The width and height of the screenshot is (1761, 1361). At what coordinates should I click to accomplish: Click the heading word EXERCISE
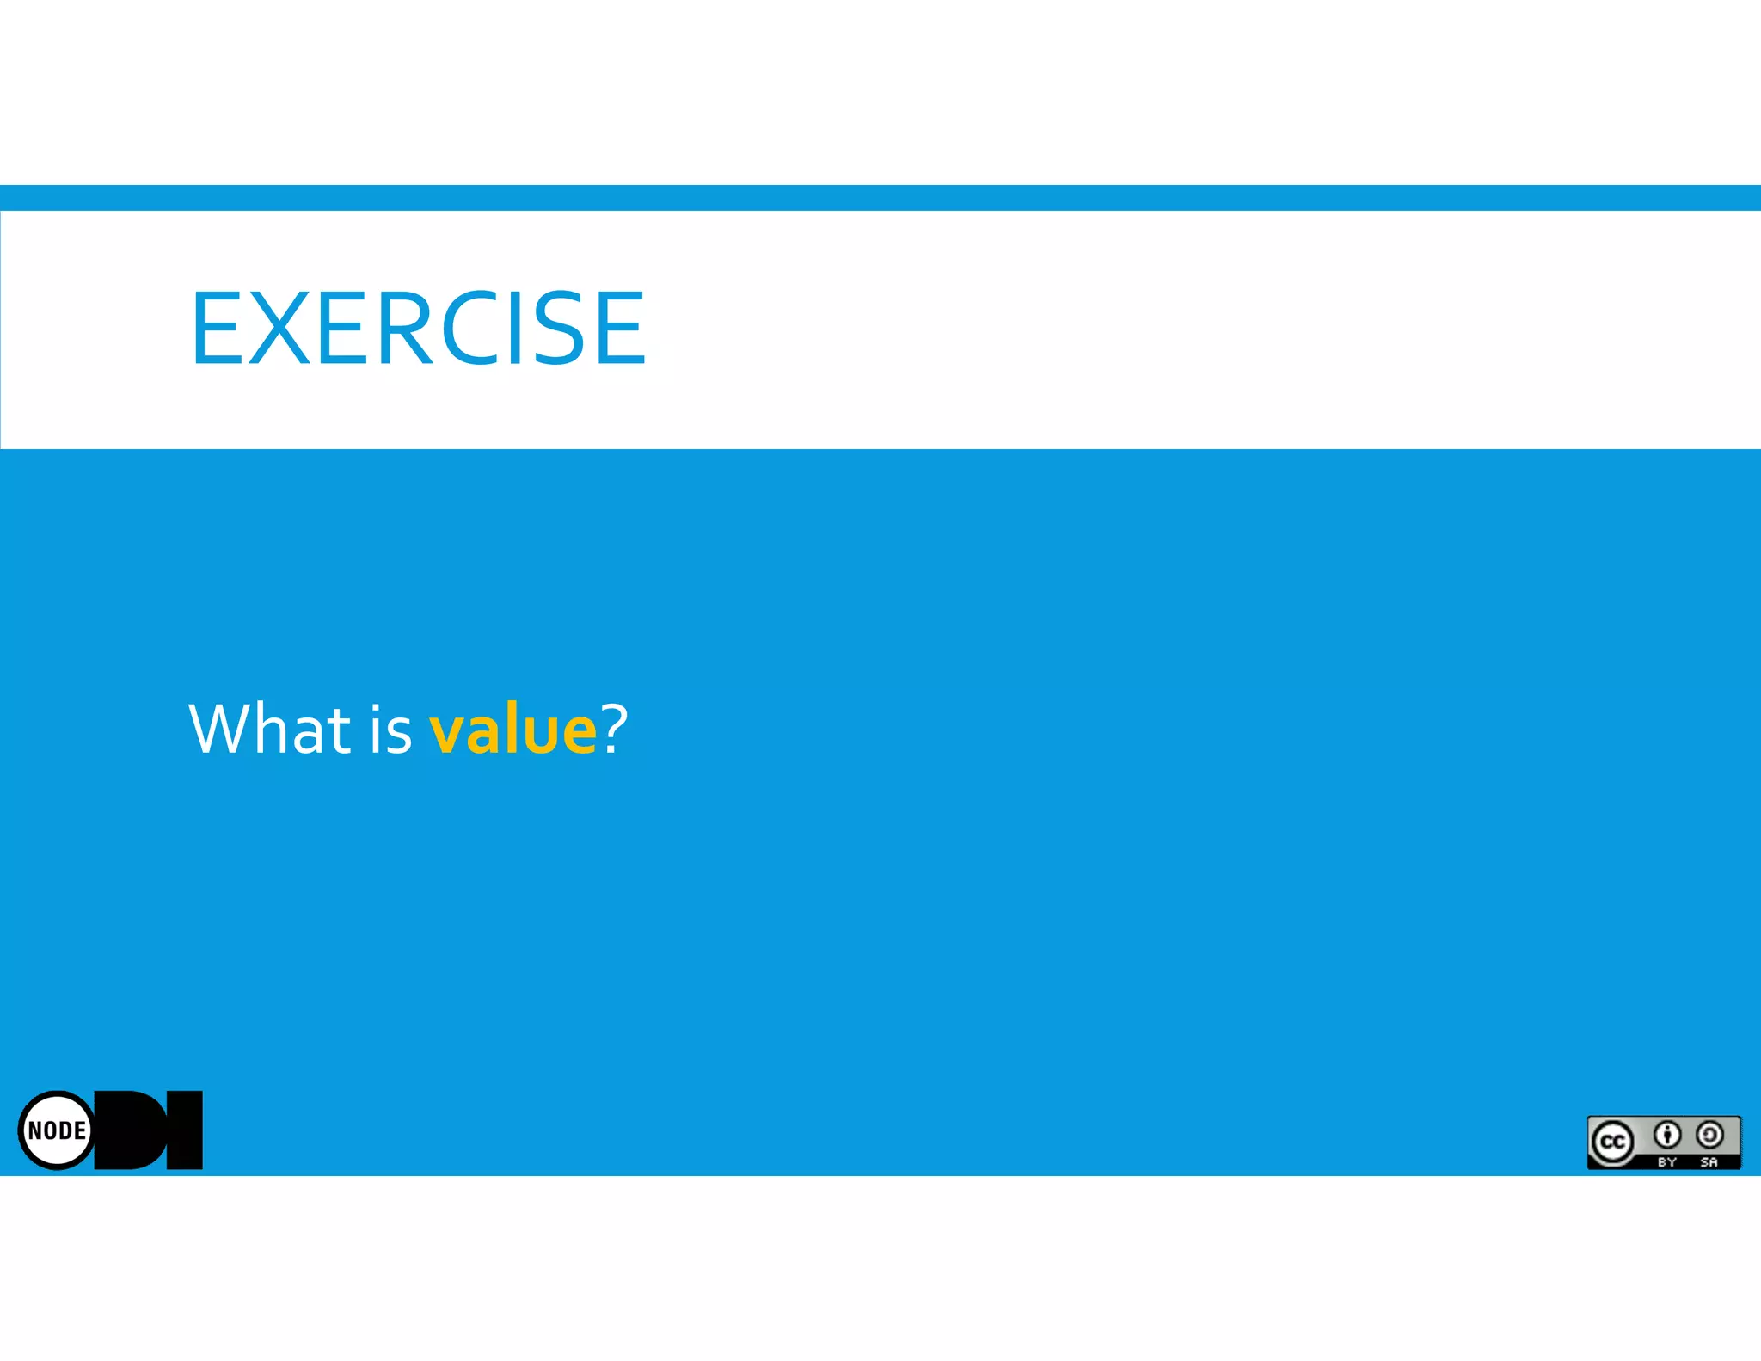pos(418,328)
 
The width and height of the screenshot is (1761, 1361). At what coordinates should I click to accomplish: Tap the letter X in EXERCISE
pos(279,328)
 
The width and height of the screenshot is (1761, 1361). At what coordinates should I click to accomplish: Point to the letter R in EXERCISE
pos(403,328)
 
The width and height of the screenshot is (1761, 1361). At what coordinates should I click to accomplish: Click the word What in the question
pos(269,730)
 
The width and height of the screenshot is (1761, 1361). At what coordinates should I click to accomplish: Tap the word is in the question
pos(391,730)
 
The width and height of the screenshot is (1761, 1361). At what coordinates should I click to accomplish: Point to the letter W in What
pos(218,730)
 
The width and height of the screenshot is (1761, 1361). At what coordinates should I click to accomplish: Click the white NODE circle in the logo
pos(57,1130)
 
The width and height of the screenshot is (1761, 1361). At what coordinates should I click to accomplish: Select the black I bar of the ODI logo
pos(184,1130)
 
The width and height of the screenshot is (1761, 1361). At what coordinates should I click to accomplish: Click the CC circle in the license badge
pos(1612,1142)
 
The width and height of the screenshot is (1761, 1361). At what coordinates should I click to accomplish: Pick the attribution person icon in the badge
pos(1667,1136)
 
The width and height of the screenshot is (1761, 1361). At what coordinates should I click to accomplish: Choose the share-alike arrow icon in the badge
pos(1709,1136)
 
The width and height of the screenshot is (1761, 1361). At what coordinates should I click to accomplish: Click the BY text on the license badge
pos(1667,1162)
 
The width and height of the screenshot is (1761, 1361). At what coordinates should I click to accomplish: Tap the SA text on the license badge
pos(1709,1162)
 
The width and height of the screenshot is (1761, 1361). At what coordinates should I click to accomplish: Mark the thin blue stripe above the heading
pos(880,197)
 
